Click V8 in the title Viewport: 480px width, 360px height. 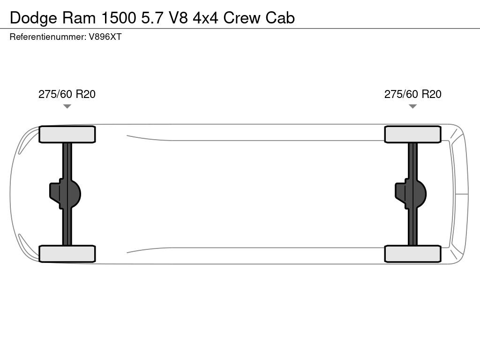tap(179, 18)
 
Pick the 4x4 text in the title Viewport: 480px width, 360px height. tap(206, 18)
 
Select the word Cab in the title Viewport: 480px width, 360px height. tap(280, 18)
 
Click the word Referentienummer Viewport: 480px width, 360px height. tap(47, 37)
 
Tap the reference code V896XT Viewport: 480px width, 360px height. tap(105, 37)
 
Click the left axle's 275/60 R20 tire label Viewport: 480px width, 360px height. tap(67, 94)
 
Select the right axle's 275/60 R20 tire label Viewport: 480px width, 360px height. tap(412, 94)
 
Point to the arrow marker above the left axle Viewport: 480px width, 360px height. tap(67, 106)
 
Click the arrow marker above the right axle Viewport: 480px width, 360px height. tap(412, 106)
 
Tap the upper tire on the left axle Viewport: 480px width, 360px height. tap(67, 135)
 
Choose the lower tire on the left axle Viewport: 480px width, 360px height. tap(67, 254)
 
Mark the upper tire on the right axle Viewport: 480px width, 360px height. tap(412, 135)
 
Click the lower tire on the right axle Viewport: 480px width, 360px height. tap(412, 254)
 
